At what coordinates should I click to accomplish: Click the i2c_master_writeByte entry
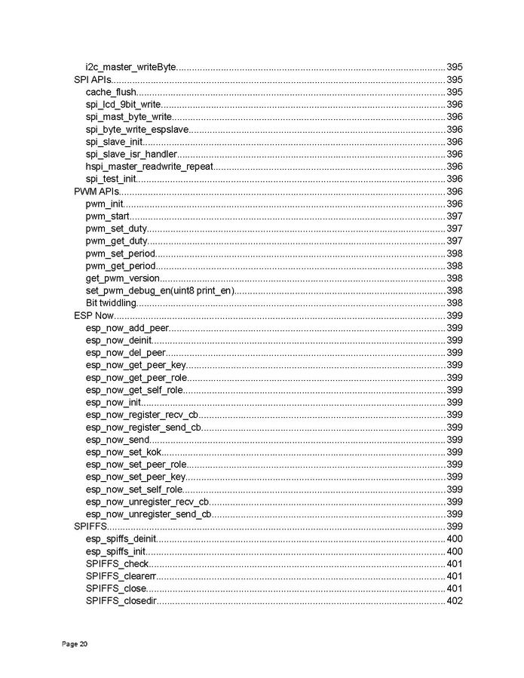130,67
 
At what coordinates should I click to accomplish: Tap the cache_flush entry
111,92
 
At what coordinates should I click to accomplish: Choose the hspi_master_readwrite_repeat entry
149,167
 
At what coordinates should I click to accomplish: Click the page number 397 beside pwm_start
454,216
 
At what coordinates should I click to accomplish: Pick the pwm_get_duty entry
116,241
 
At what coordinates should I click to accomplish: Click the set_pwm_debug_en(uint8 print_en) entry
161,290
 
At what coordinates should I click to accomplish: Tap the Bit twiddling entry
111,303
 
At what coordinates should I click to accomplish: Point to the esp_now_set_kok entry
123,452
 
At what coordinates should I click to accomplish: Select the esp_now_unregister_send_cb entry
149,514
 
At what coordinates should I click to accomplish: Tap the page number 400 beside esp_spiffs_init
454,551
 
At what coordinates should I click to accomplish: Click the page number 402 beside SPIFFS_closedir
454,601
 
